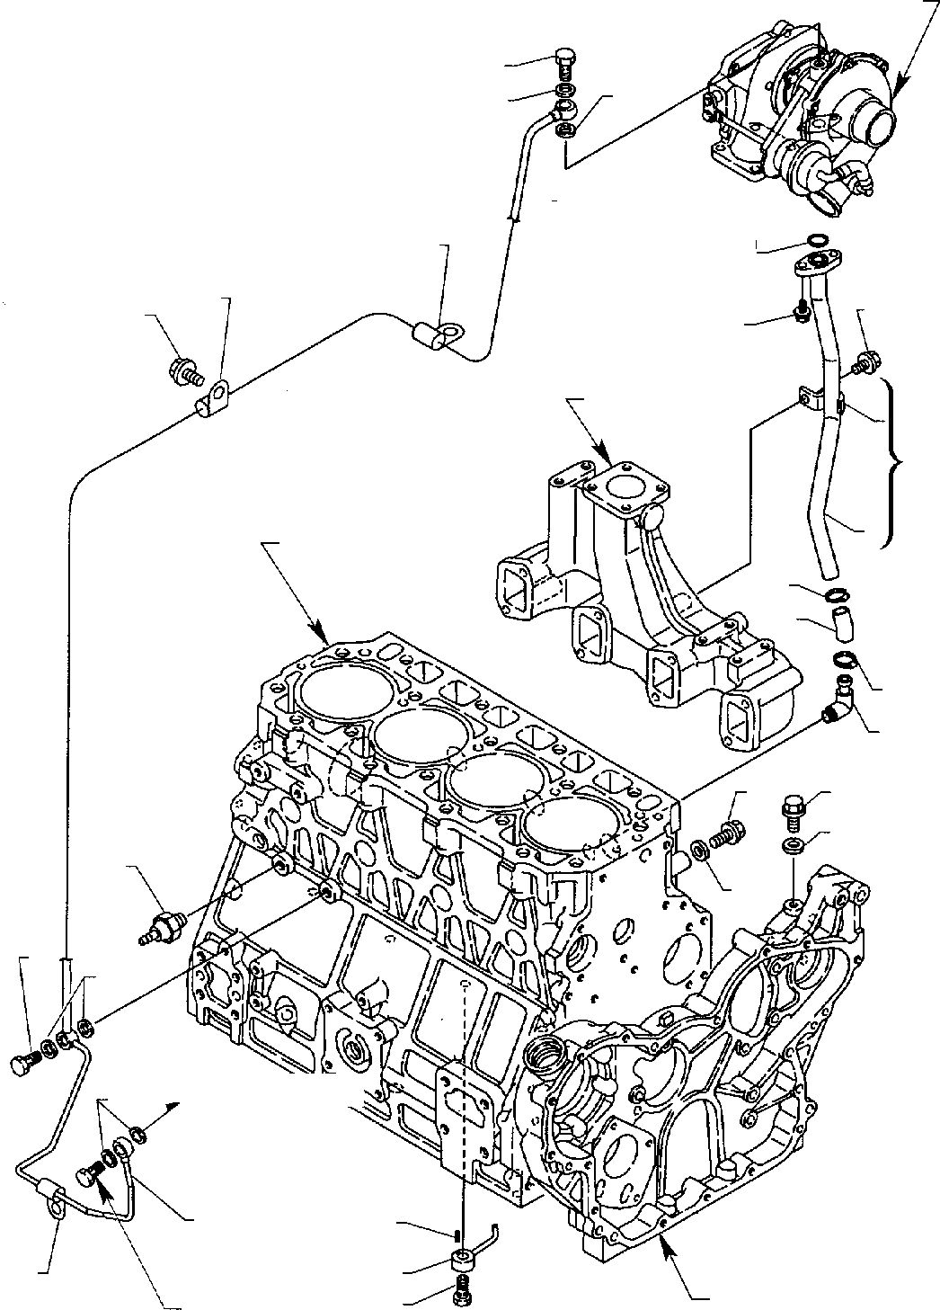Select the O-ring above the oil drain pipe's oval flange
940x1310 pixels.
(815, 240)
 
